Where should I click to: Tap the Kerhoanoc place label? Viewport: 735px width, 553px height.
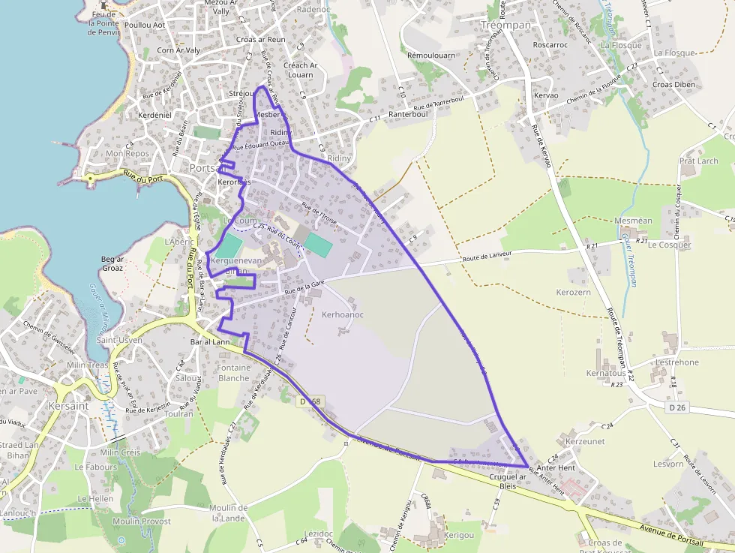click(x=342, y=314)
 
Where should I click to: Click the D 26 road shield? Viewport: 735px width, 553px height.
click(x=676, y=407)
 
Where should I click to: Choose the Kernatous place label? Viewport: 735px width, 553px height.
click(x=606, y=373)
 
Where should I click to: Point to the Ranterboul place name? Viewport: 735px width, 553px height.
click(x=408, y=114)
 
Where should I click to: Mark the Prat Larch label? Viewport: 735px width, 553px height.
click(x=698, y=161)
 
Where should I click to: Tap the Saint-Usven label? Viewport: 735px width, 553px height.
click(x=120, y=341)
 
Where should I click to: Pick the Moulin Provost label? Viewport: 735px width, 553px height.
click(x=142, y=521)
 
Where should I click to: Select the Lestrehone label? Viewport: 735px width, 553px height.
click(x=676, y=362)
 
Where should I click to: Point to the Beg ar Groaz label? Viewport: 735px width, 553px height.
click(x=112, y=263)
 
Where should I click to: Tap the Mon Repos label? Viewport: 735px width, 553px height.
click(x=127, y=153)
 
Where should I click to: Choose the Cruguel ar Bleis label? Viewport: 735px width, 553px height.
click(x=508, y=481)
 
